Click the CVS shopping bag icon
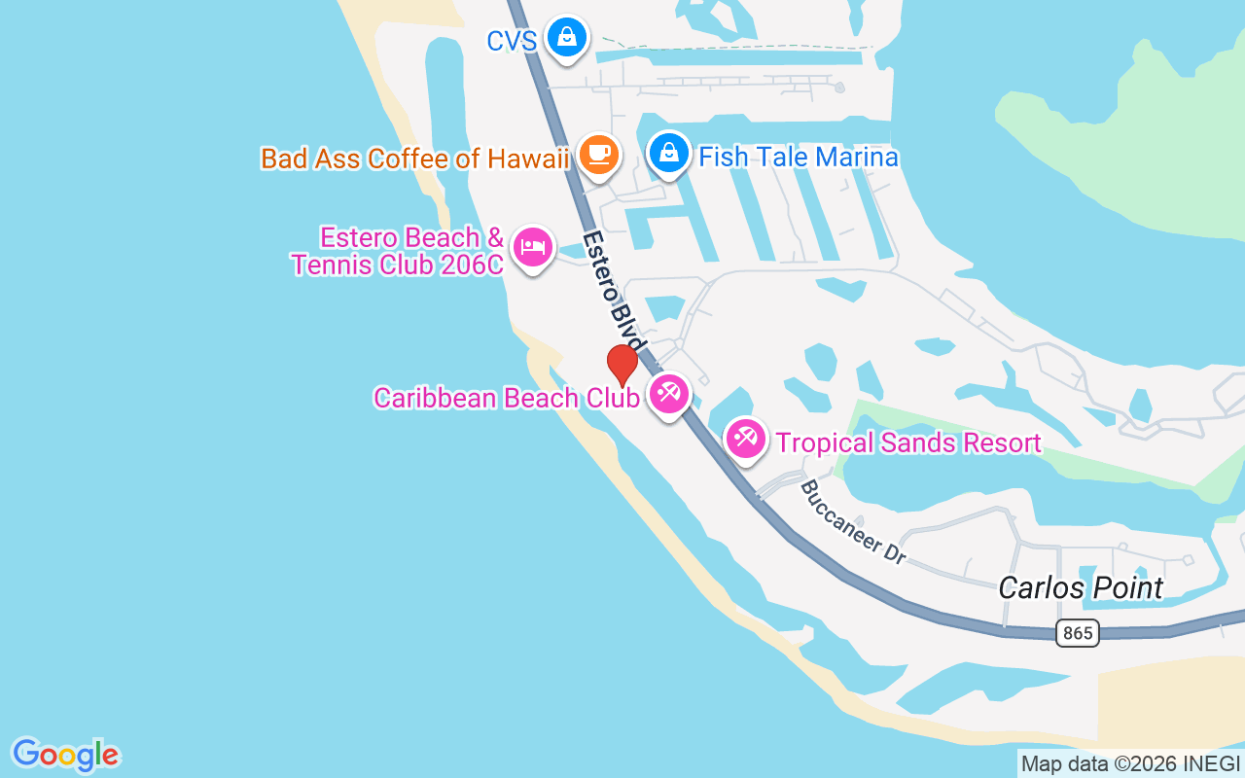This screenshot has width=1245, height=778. tap(566, 37)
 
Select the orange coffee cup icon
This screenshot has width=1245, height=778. tap(598, 153)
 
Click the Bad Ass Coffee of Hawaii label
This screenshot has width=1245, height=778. tap(414, 159)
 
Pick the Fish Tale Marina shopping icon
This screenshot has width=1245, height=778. tap(668, 153)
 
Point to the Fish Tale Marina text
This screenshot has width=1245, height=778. tap(798, 157)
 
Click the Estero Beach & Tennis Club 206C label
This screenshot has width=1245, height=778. tap(399, 251)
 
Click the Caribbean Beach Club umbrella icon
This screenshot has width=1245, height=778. tap(668, 394)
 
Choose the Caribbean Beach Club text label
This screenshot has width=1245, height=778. tap(506, 398)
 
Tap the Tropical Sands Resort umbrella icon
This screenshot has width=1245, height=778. tap(746, 439)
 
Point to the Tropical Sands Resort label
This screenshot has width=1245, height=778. tap(908, 443)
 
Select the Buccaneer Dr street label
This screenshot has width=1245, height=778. tap(852, 522)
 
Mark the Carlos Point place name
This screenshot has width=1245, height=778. tap(1081, 587)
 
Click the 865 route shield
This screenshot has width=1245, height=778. tap(1077, 633)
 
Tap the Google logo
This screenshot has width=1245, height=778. tap(65, 755)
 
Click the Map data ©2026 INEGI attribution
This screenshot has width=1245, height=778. tap(1130, 764)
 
